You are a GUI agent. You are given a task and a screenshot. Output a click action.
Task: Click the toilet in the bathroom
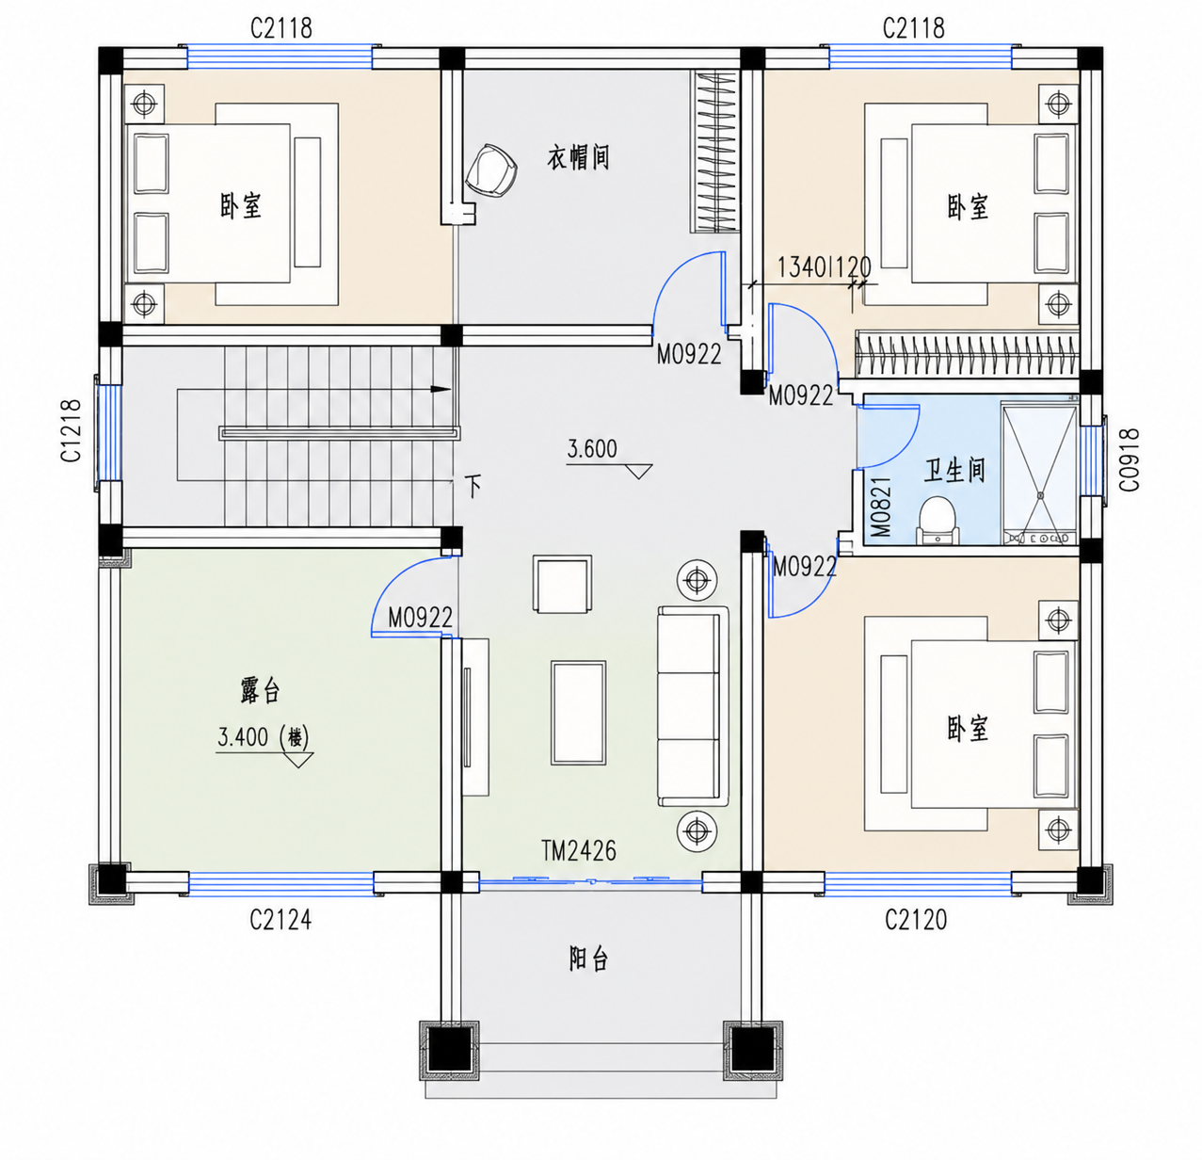click(938, 521)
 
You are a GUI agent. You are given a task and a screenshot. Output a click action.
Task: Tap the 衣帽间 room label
click(578, 157)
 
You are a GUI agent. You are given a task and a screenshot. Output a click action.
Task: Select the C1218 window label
click(72, 430)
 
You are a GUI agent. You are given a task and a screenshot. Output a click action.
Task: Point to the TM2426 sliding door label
click(579, 851)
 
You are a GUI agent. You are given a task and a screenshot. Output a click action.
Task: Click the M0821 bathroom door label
click(881, 507)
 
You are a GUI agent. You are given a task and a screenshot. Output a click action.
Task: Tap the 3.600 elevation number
click(592, 449)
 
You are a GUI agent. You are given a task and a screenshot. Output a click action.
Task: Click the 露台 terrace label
click(260, 690)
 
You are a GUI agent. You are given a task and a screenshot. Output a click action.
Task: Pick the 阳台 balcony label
click(588, 959)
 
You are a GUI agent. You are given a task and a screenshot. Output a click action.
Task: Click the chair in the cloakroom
click(491, 170)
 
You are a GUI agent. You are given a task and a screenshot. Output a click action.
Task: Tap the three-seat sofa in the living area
click(693, 706)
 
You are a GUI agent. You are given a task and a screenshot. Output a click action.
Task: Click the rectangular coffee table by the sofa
click(579, 713)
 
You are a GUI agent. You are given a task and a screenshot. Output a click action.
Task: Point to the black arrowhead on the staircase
click(441, 389)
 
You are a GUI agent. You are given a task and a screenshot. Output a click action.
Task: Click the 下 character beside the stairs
click(473, 486)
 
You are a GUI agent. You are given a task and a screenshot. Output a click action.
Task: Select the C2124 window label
click(280, 920)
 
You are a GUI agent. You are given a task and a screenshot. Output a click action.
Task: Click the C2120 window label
click(916, 920)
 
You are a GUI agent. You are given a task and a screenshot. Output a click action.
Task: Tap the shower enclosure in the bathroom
click(1040, 474)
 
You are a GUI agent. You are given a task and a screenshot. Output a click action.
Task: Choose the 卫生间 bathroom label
click(954, 471)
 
